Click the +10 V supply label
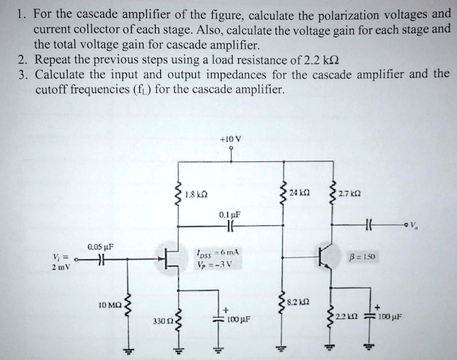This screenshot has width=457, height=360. tap(231, 140)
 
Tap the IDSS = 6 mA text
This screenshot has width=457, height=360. tap(220, 252)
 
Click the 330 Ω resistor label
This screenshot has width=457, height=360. tap(161, 321)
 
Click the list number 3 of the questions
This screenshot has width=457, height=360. tap(21, 75)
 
